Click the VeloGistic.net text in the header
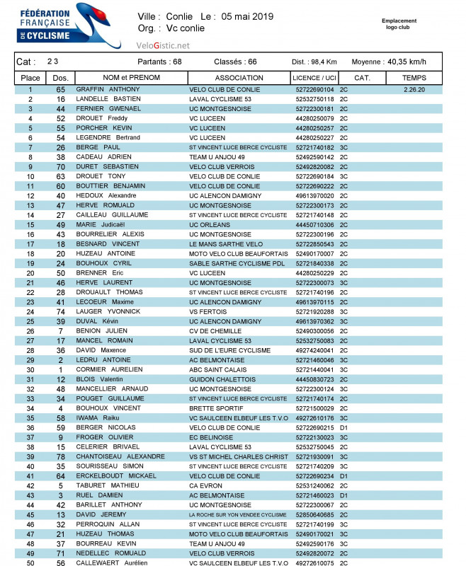point(163,45)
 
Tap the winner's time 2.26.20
point(414,90)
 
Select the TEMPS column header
point(414,77)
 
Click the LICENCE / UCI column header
point(314,77)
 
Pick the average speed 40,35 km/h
point(409,62)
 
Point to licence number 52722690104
point(314,90)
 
